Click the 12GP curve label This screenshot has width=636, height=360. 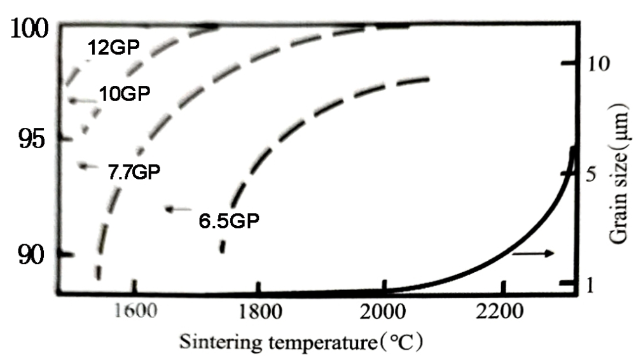114,47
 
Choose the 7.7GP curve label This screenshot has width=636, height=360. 134,171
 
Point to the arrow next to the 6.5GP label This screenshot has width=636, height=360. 179,209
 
